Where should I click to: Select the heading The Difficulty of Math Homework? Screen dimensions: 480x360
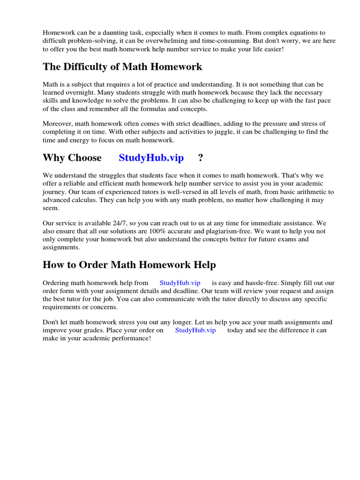coord(122,67)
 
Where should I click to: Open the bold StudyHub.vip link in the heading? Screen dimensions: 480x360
coord(151,157)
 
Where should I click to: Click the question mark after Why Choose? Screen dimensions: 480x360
coord(201,157)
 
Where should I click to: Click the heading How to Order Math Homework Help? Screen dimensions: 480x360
coord(129,265)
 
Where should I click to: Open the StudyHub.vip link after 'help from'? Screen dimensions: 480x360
coord(180,283)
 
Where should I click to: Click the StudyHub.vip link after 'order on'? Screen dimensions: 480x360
coord(195,330)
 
